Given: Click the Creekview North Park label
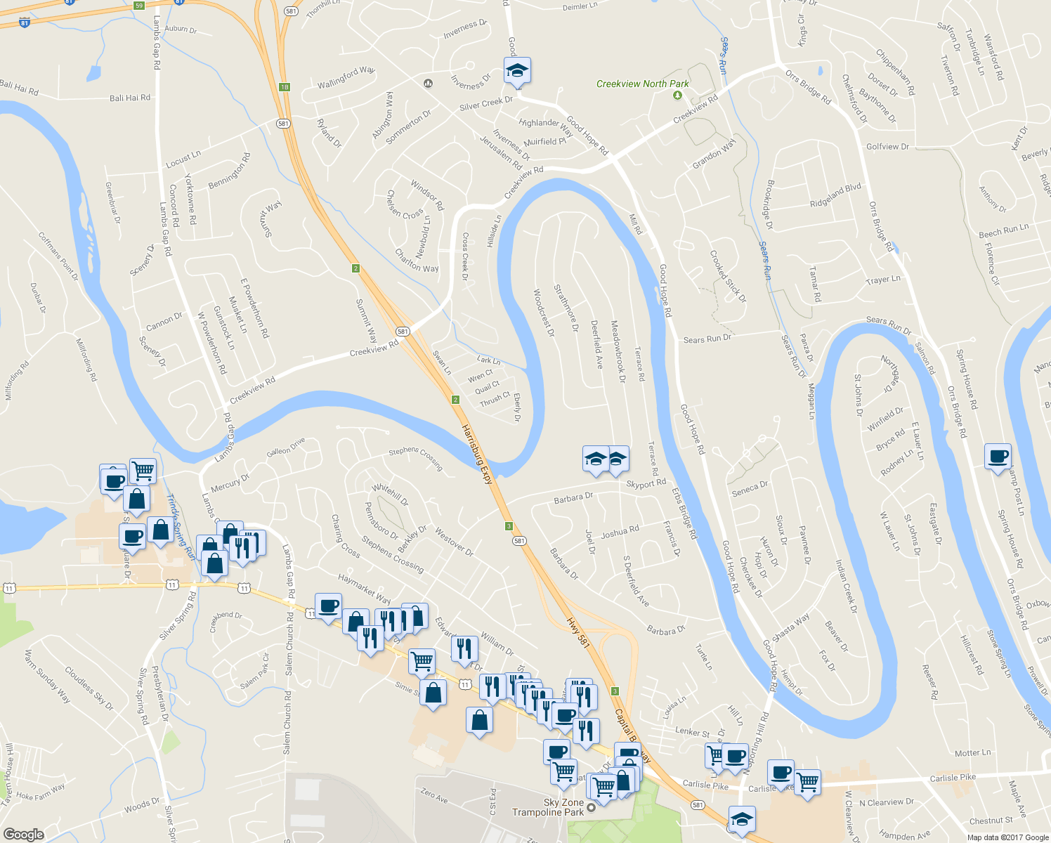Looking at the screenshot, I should tap(642, 84).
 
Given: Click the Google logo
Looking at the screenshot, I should tap(23, 834).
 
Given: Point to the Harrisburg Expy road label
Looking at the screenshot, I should tap(478, 454).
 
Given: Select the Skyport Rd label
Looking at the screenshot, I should tap(646, 484).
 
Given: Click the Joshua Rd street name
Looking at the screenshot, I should tap(620, 532).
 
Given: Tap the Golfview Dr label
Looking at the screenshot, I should tap(887, 147).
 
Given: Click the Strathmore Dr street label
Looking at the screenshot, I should tap(566, 308).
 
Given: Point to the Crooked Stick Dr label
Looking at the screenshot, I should tap(728, 277).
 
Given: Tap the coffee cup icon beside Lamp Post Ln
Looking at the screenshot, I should tap(998, 457).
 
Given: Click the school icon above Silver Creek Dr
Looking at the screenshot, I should tap(517, 70).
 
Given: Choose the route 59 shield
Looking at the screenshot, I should tap(139, 6).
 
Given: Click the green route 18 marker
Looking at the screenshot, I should tap(284, 87).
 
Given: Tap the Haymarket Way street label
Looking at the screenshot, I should tap(364, 589).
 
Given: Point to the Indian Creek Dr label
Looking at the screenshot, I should tap(846, 586).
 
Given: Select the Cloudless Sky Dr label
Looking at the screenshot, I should tap(89, 688).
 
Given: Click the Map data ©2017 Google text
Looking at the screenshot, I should tap(1007, 837).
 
